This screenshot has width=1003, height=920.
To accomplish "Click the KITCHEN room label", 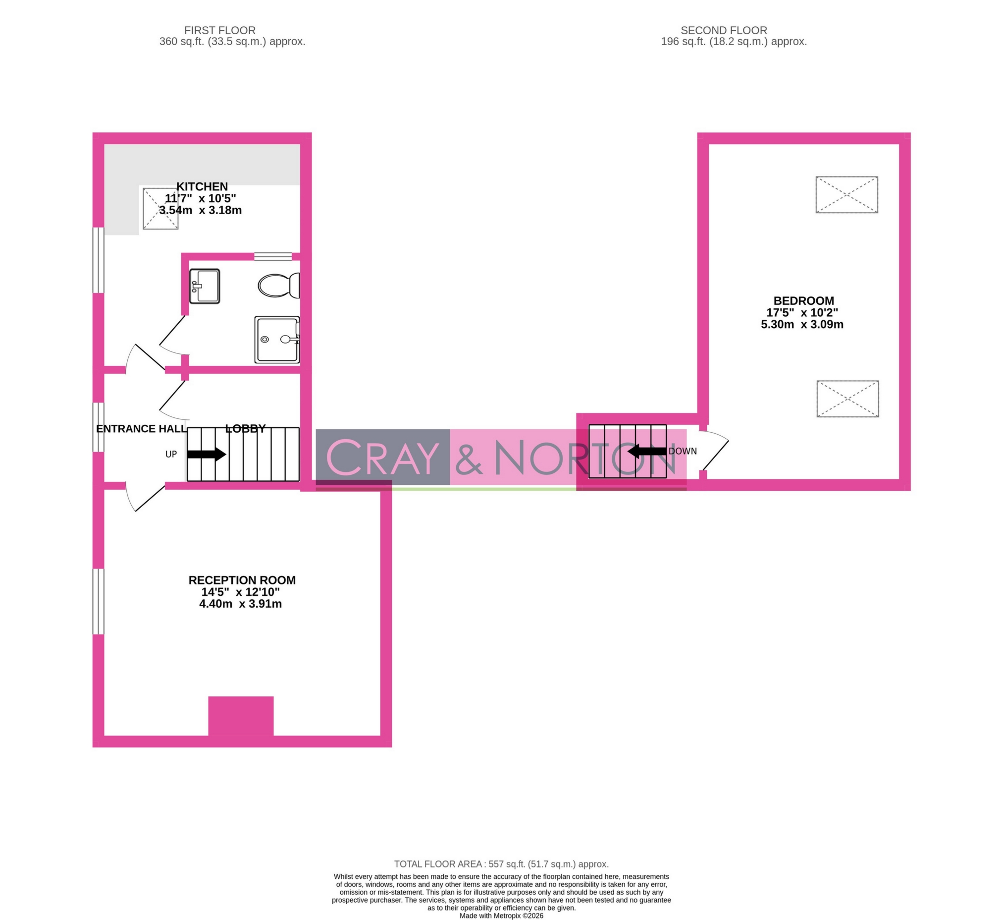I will tap(202, 187).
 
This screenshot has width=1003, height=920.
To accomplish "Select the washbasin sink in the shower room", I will tap(204, 286).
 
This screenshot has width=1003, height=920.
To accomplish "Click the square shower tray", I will tap(276, 340).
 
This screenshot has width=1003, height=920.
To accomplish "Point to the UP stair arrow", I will tap(206, 454).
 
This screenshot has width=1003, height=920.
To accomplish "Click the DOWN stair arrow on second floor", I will tap(646, 452).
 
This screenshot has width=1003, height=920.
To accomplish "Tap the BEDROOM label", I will tap(803, 301).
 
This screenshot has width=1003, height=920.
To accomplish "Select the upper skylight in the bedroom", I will tap(846, 195).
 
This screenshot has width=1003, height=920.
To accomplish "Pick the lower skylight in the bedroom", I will tap(847, 399).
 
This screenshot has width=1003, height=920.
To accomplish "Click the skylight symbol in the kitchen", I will tap(160, 209).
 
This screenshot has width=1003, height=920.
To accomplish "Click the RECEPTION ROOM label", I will tap(242, 580).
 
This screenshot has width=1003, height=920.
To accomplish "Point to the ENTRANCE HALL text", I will tap(141, 429).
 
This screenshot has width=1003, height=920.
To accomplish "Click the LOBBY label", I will tap(245, 429).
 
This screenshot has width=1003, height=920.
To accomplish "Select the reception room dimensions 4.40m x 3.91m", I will tap(240, 604).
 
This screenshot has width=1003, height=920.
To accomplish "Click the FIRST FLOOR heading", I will tap(219, 30).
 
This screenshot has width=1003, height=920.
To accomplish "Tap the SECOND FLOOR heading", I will tap(723, 30).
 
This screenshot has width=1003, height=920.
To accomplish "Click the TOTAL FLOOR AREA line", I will tap(501, 864).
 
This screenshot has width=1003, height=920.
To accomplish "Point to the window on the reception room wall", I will tap(99, 601).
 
